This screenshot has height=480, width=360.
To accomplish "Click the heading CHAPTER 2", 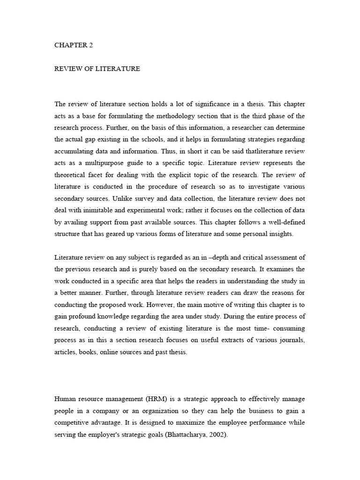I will (x=71, y=45).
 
